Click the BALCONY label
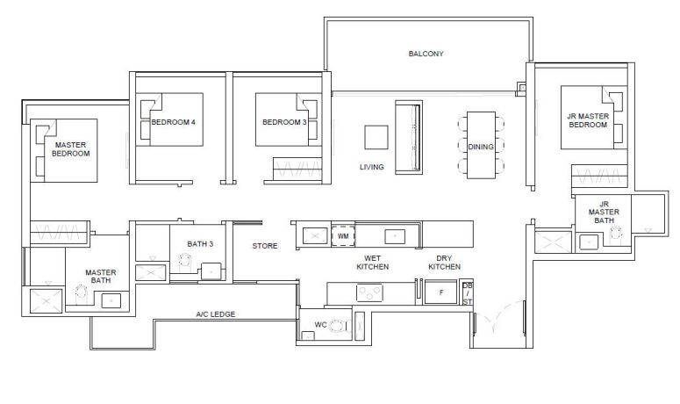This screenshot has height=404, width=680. click(426, 54)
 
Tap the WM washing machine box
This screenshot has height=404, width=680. click(343, 236)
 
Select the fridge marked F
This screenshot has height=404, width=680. click(441, 292)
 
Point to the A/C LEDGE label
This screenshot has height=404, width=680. click(216, 314)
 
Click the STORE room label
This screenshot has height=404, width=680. click(265, 246)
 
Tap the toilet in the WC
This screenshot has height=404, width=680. click(338, 326)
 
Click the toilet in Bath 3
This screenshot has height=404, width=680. click(185, 261)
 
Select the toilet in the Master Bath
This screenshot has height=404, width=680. click(81, 294)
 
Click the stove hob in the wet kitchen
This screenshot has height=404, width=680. click(369, 293)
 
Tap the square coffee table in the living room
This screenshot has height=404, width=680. click(376, 137)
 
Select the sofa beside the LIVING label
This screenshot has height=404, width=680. click(409, 138)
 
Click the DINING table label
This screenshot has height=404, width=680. click(481, 147)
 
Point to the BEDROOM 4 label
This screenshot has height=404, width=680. click(173, 122)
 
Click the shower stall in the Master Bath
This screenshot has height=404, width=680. click(46, 300)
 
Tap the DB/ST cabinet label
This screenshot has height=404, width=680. click(467, 294)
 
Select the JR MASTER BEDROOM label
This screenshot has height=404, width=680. click(588, 120)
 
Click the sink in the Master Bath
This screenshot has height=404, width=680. click(111, 300)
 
